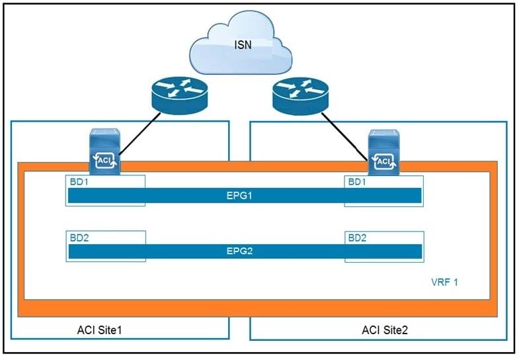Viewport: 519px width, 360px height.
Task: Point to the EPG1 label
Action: [x=244, y=195]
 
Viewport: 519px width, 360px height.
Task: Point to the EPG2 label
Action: [x=244, y=251]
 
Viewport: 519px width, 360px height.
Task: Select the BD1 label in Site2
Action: [x=355, y=181]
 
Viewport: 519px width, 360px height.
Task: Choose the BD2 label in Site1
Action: [x=79, y=236]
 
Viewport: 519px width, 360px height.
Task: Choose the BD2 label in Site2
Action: [x=355, y=236]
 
